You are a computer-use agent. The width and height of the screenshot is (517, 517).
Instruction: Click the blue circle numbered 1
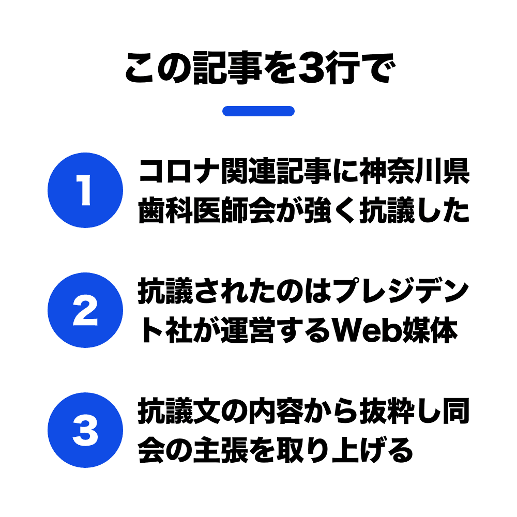85,190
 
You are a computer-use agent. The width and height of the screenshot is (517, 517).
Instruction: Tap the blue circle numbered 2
85,310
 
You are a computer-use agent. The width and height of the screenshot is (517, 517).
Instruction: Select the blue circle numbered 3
85,430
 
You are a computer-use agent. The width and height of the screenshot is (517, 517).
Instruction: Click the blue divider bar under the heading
258,111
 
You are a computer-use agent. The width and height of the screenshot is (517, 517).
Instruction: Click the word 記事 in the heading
227,68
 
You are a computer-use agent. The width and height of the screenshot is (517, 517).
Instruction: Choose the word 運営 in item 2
248,330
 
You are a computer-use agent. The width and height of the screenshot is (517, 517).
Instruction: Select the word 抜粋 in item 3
387,411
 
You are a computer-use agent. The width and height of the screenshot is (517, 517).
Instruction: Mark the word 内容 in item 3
276,411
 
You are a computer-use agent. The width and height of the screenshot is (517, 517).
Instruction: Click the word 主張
221,450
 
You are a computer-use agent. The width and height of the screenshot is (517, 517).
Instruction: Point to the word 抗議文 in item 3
179,411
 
